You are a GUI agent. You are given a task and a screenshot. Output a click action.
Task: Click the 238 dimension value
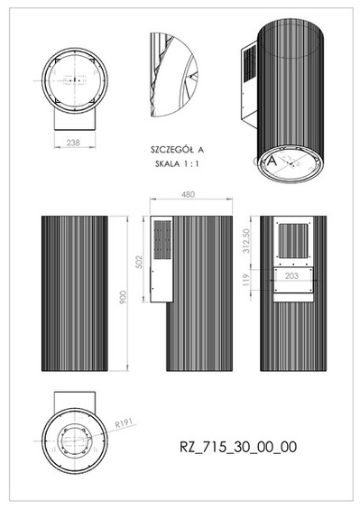(x=73, y=142)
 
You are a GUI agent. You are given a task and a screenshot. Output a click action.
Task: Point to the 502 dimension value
(x=140, y=261)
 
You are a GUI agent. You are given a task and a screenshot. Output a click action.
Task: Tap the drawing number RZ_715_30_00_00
(x=238, y=446)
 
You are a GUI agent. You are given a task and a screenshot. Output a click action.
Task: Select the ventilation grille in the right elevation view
(x=291, y=240)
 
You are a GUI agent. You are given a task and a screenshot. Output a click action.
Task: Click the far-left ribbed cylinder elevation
(x=73, y=292)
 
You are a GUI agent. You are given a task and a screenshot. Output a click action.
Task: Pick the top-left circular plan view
(x=73, y=79)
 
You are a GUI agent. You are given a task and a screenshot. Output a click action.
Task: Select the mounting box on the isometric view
(x=247, y=86)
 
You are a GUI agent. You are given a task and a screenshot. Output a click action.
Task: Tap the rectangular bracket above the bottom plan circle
(x=73, y=399)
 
